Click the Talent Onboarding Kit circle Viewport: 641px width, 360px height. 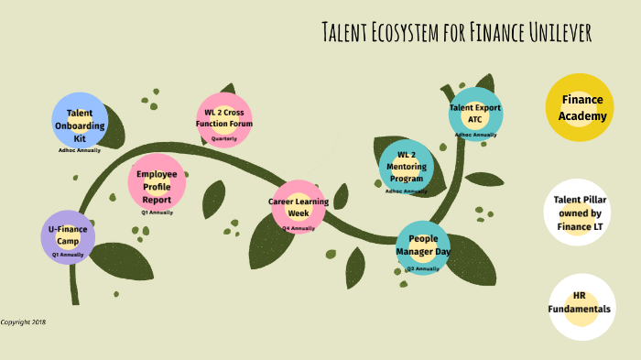click(80, 120)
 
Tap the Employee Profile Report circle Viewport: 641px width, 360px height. click(157, 180)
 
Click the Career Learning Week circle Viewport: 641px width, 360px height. click(299, 206)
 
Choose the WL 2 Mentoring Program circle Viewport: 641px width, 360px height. click(407, 166)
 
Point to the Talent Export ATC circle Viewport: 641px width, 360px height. click(475, 114)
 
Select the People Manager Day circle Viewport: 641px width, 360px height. click(423, 245)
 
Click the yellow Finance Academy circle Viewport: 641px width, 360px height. click(580, 107)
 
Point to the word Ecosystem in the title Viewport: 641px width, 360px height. click(418, 33)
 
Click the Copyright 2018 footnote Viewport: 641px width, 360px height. click(23, 322)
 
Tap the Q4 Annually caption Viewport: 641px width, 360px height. click(299, 228)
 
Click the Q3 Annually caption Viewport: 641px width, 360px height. click(423, 268)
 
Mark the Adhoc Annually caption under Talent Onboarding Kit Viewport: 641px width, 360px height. click(80, 149)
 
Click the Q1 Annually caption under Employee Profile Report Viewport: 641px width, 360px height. click(157, 213)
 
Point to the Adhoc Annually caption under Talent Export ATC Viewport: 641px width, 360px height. click(475, 135)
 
